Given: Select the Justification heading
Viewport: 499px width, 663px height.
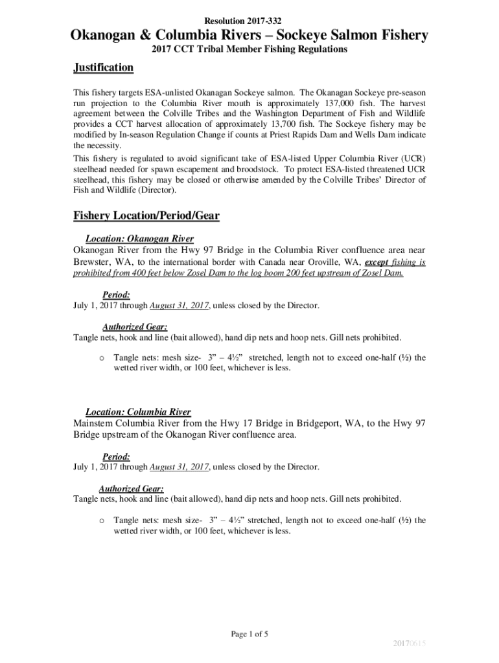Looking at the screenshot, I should point(103,67).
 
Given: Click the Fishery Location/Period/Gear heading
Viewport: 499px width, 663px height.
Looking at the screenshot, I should point(146,216).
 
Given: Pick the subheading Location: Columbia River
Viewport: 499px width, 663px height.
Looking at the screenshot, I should point(138,412).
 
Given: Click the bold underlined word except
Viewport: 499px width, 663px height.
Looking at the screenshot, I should point(378,262).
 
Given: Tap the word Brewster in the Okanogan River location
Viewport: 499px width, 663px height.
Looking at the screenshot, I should point(93,262).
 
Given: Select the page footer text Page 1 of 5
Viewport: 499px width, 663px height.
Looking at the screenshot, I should point(250,634).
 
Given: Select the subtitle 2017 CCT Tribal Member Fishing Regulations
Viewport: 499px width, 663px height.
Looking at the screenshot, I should point(249,50).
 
